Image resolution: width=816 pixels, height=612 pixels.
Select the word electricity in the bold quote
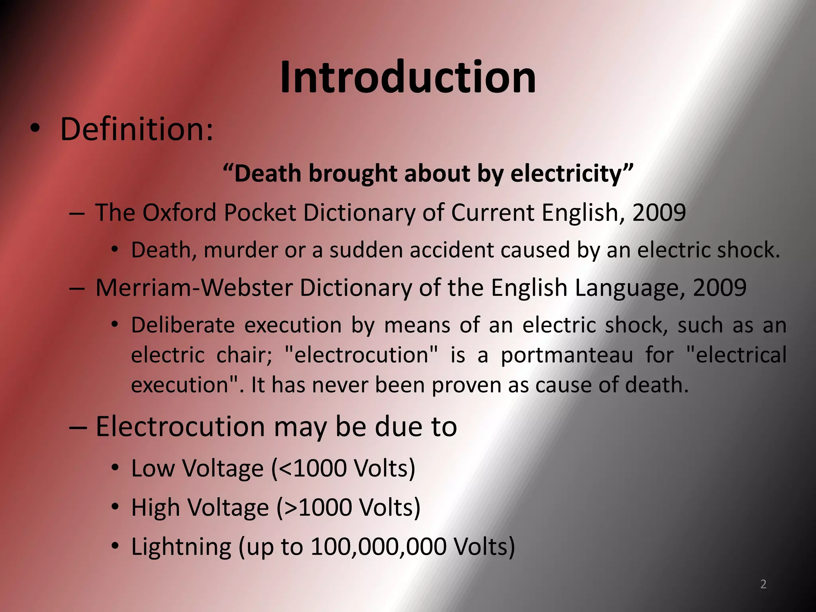[566, 174]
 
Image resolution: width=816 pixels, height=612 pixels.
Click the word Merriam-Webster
[194, 287]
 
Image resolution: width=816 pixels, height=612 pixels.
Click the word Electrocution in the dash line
[180, 427]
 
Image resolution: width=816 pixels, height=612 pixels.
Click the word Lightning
[181, 547]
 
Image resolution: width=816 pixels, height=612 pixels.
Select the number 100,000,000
[378, 547]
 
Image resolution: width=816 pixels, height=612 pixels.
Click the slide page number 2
[763, 584]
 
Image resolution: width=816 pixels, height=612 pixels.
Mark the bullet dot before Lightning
[115, 546]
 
